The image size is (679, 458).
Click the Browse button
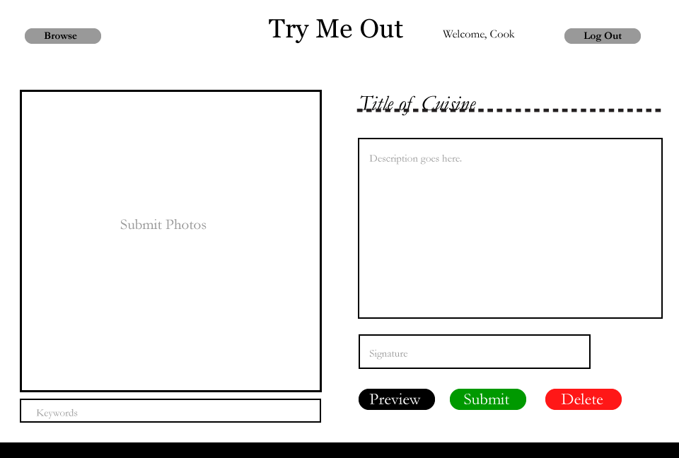point(62,36)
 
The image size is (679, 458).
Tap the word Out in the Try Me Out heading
point(381,30)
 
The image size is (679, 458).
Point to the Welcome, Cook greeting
point(478,34)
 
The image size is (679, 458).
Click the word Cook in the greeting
point(502,34)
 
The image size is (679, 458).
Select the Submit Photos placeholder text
point(163,225)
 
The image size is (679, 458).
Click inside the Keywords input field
point(170,411)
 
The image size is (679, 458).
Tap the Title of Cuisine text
point(417,104)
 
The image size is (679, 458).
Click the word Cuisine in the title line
point(448,104)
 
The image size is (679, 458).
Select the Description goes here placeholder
point(415,158)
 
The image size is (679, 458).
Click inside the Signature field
point(474,352)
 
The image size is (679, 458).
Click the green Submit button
point(487,399)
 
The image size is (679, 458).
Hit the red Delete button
point(583,399)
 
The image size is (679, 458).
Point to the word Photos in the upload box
point(185,225)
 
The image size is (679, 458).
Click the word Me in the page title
point(332,30)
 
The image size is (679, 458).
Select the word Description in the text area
point(393,158)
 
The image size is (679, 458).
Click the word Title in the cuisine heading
point(375,104)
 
